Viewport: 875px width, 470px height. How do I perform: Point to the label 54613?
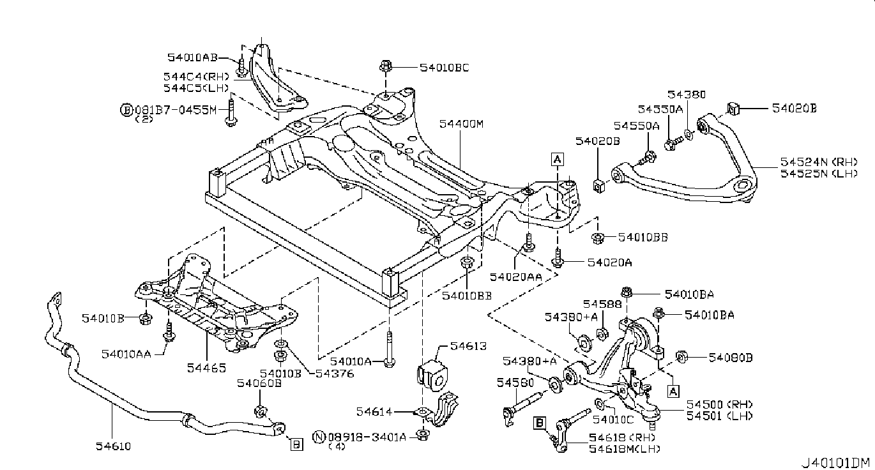click(468, 347)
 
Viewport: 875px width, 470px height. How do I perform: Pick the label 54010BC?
click(445, 67)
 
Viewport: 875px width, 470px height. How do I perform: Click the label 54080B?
click(729, 358)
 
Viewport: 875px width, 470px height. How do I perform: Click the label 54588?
click(602, 303)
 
